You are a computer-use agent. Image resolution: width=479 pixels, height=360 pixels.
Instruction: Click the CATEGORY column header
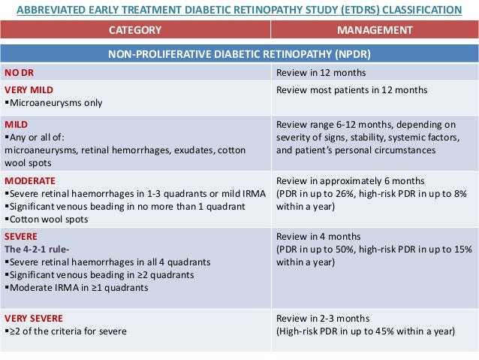(135, 30)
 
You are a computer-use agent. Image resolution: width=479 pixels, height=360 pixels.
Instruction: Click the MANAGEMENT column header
(375, 30)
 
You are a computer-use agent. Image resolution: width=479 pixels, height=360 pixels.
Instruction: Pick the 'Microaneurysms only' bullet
(54, 102)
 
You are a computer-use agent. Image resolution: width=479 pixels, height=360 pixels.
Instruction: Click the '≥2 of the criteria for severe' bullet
(68, 331)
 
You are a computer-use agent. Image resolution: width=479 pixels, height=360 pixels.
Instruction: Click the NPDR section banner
(239, 54)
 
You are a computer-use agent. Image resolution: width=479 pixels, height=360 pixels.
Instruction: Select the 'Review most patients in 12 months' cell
(351, 89)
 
